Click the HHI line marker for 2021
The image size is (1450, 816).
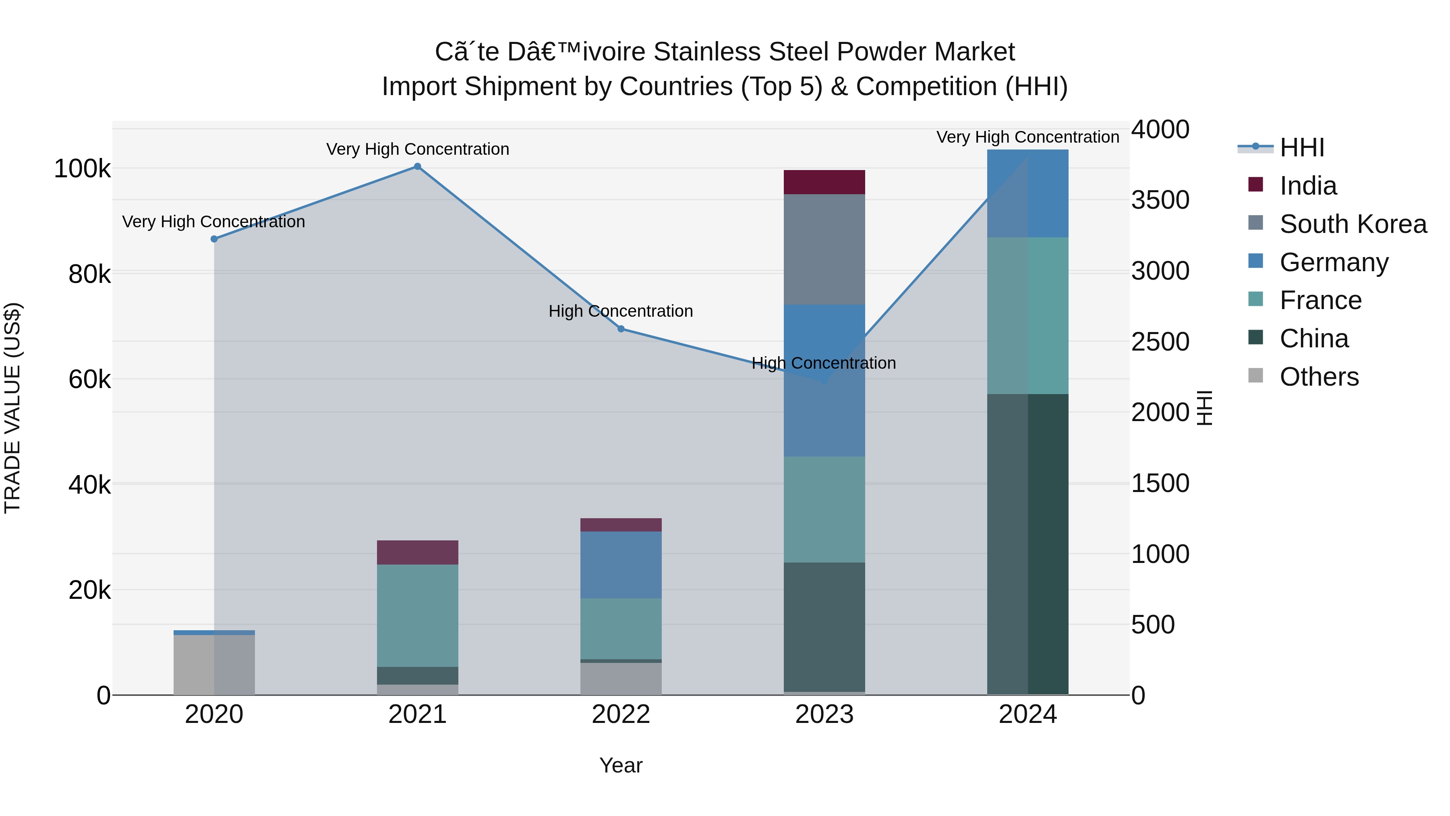click(x=417, y=166)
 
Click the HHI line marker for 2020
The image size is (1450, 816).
click(x=214, y=239)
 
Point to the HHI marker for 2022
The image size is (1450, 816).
click(x=621, y=329)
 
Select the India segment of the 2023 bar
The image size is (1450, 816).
click(x=824, y=182)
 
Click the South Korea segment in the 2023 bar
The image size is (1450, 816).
click(x=824, y=249)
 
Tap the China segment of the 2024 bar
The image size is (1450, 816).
click(x=1028, y=544)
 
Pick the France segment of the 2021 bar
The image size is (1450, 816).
click(x=417, y=615)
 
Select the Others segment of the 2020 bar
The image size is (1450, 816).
click(x=214, y=664)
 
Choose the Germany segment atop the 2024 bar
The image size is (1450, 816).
click(x=1028, y=193)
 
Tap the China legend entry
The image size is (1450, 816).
click(x=1314, y=338)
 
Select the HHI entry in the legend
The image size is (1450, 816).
click(x=1301, y=147)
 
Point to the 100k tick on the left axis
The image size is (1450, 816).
click(x=82, y=168)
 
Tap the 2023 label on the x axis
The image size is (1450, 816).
click(x=824, y=714)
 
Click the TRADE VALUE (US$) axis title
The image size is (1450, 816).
click(x=12, y=408)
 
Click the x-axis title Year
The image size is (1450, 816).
click(x=620, y=765)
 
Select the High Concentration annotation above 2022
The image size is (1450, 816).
click(x=620, y=311)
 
